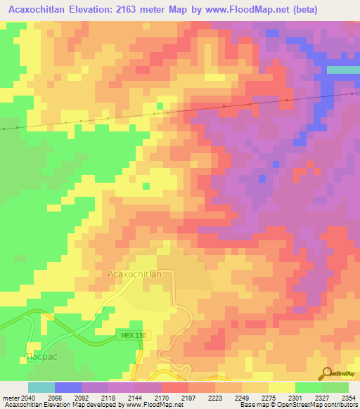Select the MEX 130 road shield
[x=131, y=336]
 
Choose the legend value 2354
[x=349, y=398]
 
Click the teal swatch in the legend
[x=41, y=387]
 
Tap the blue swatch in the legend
[x=68, y=387]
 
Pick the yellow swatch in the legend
[x=281, y=387]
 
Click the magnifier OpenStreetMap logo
[x=328, y=373]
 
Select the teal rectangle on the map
[x=343, y=70]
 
